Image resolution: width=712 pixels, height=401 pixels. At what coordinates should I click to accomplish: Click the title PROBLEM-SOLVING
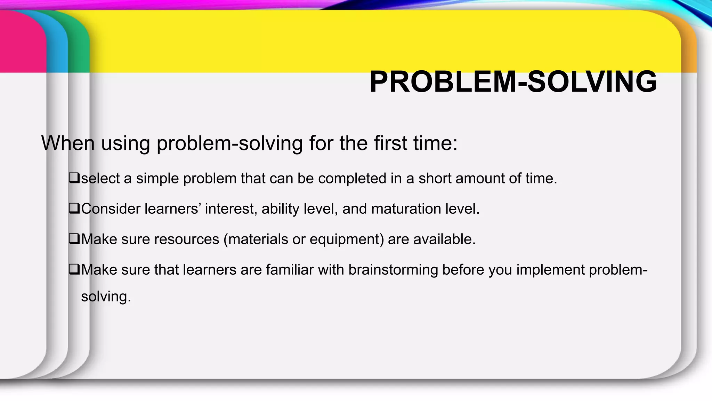pyautogui.click(x=513, y=82)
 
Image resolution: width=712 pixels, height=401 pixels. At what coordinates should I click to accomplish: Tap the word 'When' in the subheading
pyautogui.click(x=68, y=143)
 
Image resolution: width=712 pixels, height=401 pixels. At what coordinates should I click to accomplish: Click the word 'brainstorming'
pyautogui.click(x=393, y=270)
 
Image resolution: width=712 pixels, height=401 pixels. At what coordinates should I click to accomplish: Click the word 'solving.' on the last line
pyautogui.click(x=106, y=297)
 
